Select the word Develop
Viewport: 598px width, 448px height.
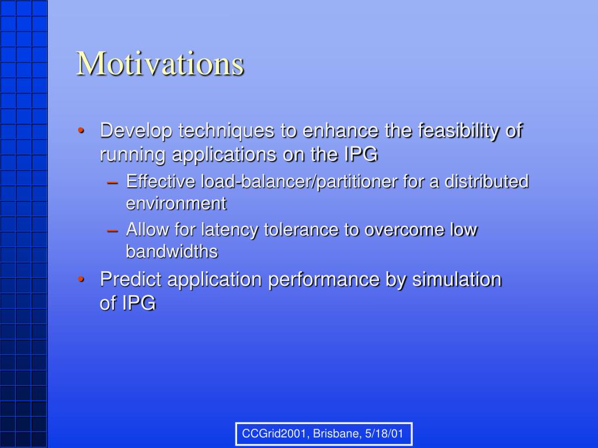point(136,131)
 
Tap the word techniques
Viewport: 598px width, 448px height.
point(227,131)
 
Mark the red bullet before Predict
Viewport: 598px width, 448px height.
point(81,279)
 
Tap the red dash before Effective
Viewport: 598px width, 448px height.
point(113,183)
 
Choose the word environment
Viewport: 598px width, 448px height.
point(176,204)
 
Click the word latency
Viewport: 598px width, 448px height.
point(230,230)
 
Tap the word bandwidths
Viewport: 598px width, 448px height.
point(172,251)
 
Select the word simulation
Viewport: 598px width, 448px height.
point(457,279)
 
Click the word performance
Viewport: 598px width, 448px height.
point(324,280)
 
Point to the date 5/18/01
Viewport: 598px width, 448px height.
point(384,433)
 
